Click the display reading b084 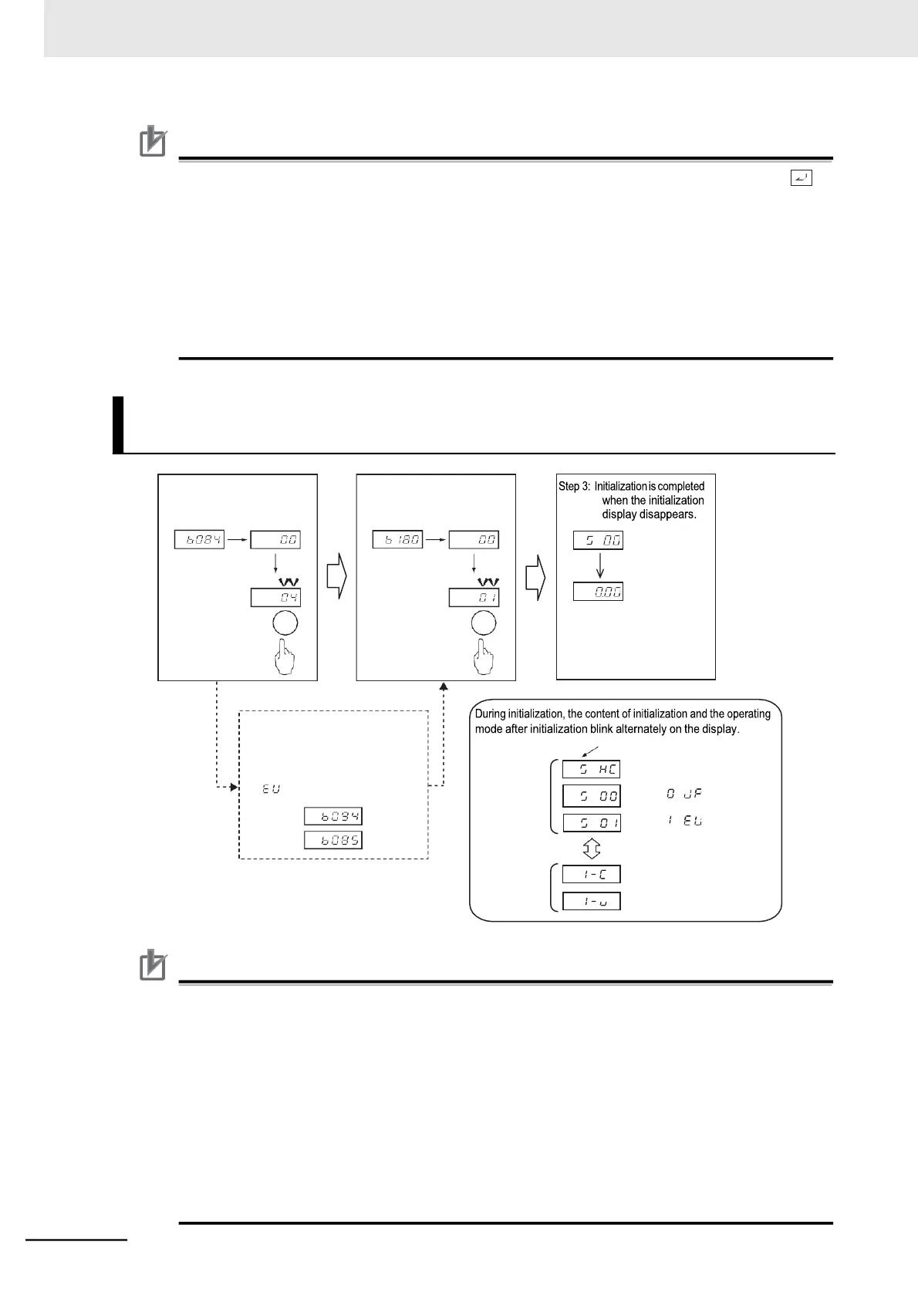pyautogui.click(x=199, y=540)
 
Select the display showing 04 pyautogui.click(x=275, y=597)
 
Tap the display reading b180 pyautogui.click(x=397, y=540)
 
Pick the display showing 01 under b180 pyautogui.click(x=474, y=597)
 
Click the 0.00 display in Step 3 pyautogui.click(x=598, y=592)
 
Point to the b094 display pyautogui.click(x=332, y=816)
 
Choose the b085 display pyautogui.click(x=332, y=840)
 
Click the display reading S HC pyautogui.click(x=591, y=769)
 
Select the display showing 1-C pyautogui.click(x=591, y=874)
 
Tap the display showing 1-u pyautogui.click(x=591, y=901)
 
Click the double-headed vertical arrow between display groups pyautogui.click(x=591, y=849)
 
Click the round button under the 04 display pyautogui.click(x=285, y=623)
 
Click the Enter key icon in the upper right pyautogui.click(x=802, y=179)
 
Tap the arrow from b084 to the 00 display pyautogui.click(x=237, y=540)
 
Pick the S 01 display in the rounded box pyautogui.click(x=591, y=823)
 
